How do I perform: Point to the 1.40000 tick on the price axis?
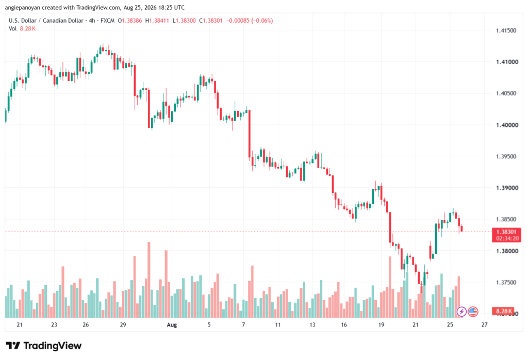[x=507, y=125]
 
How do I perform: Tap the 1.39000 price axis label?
[x=507, y=188]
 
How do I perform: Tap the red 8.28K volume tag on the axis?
[x=503, y=311]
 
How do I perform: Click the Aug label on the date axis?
[x=172, y=325]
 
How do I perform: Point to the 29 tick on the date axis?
[x=123, y=325]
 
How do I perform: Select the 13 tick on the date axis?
[x=312, y=325]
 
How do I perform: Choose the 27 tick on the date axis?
[x=484, y=325]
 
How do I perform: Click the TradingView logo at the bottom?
[x=44, y=346]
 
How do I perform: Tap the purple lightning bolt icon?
[x=461, y=312]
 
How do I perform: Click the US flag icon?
[x=473, y=312]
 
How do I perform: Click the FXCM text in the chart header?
[x=107, y=21]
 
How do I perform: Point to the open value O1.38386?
[x=130, y=21]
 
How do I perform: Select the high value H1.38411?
[x=157, y=21]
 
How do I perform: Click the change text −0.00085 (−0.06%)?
[x=250, y=21]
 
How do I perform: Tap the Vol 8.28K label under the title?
[x=22, y=29]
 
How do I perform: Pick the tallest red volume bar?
[x=149, y=280]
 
